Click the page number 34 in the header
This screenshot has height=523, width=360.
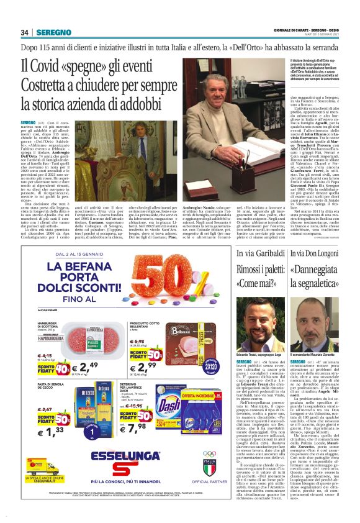tap(25, 33)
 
